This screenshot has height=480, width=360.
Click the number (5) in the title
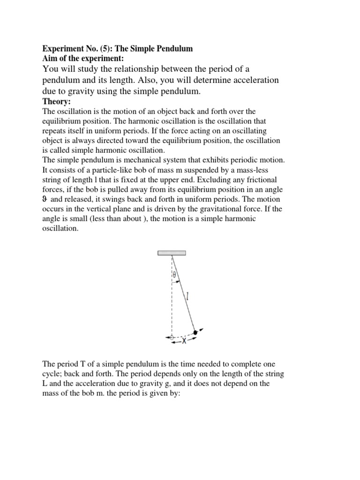(100, 49)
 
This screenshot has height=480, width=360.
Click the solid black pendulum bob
(195, 332)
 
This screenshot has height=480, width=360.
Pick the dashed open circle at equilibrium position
(172, 337)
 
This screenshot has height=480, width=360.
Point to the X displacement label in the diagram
(184, 341)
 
